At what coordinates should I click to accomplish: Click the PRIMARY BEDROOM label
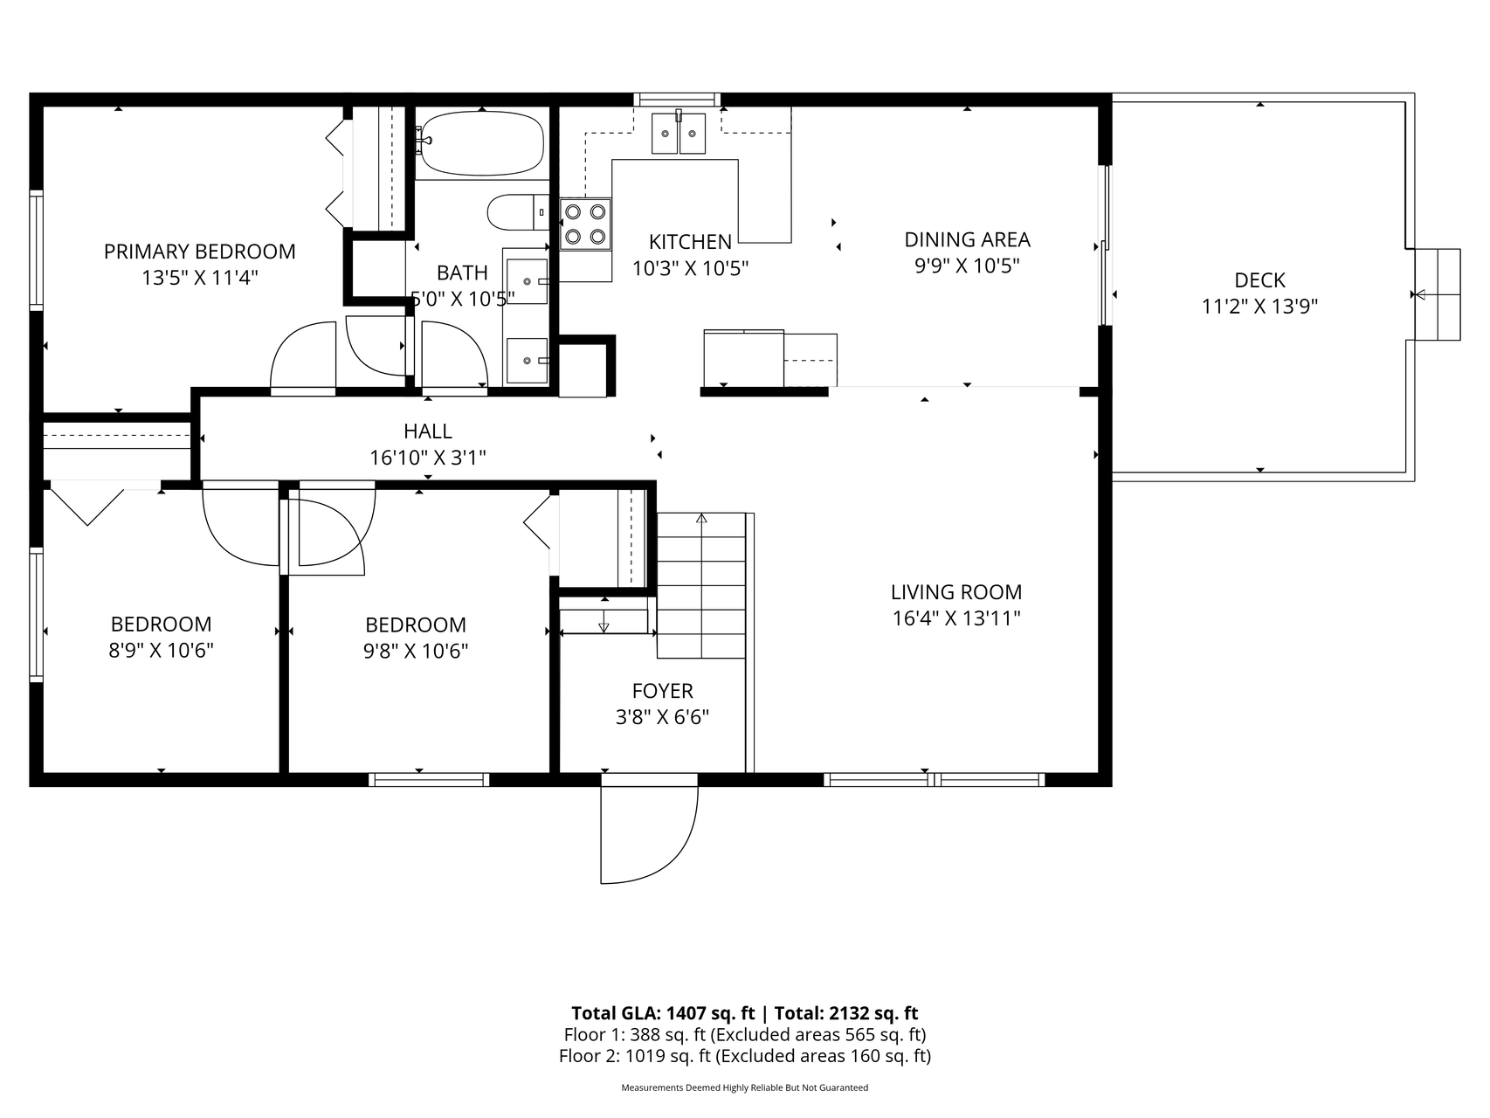point(199,252)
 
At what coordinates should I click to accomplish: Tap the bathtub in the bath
point(481,143)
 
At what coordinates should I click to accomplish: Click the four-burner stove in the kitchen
point(585,224)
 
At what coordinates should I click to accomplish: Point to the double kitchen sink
point(679,133)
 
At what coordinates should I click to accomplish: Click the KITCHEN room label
point(690,242)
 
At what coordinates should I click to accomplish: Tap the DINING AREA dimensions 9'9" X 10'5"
point(967,266)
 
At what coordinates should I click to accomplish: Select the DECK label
point(1259,280)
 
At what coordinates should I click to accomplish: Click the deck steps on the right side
point(1437,294)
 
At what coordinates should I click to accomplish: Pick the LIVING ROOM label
point(956,592)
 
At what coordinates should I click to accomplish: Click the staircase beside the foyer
point(701,585)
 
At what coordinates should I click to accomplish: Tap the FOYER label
point(663,691)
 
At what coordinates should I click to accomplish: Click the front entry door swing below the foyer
point(649,834)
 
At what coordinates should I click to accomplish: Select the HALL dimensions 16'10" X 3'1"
point(428,457)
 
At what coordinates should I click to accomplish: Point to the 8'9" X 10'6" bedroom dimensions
point(161,651)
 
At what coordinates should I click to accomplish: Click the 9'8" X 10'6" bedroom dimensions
point(416,652)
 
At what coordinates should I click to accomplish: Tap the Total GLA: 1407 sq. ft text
point(663,1013)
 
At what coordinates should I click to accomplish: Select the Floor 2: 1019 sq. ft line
point(745,1056)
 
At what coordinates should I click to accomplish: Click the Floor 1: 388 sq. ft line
point(745,1035)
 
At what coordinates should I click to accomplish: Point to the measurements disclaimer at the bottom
point(745,1087)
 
